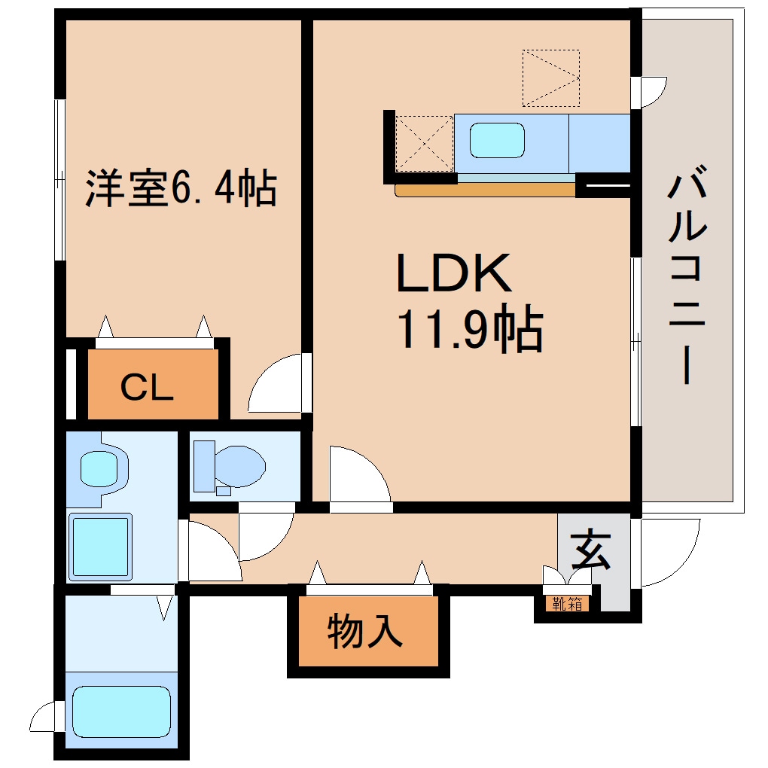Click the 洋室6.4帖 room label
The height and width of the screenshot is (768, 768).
(181, 189)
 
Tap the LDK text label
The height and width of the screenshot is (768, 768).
(454, 274)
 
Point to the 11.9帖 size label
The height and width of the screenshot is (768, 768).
(470, 331)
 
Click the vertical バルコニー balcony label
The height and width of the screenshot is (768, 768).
(686, 278)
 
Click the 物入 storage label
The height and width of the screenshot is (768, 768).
(365, 632)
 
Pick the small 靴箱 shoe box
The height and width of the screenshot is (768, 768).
(567, 603)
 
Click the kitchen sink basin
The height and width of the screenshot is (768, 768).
(497, 140)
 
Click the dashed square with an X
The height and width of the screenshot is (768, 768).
(424, 143)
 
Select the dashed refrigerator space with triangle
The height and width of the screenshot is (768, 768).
(551, 78)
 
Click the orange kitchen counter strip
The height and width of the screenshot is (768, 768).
(486, 190)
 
